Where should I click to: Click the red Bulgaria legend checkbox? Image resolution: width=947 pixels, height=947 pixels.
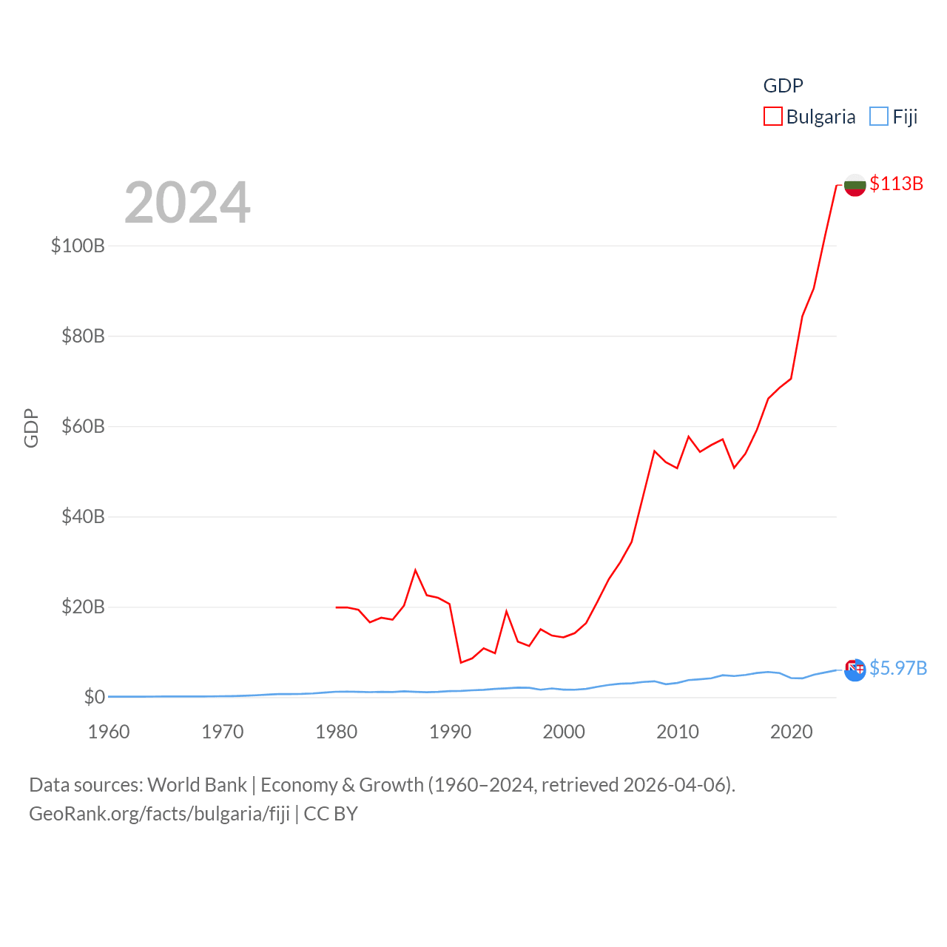coord(773,117)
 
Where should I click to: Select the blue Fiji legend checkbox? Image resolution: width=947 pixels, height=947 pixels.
coord(879,117)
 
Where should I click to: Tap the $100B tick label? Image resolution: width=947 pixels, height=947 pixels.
coord(78,246)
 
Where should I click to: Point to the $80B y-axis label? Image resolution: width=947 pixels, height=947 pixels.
coord(83,336)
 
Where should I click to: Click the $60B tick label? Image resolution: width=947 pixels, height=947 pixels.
coord(83,426)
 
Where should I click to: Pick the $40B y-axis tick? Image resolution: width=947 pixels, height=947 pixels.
coord(83,516)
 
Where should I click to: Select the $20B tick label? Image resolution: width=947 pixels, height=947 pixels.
coord(83,607)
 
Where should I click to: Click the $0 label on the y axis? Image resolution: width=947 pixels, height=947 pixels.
coord(94,697)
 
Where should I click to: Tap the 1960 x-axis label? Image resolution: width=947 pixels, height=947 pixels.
coord(109,732)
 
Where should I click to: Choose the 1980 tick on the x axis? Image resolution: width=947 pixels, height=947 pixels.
coord(336,732)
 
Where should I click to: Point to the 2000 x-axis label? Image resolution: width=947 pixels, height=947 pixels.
coord(564,732)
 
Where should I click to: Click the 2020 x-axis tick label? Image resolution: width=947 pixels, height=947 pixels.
coord(791,732)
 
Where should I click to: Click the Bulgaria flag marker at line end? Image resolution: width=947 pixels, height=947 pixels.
coord(855,185)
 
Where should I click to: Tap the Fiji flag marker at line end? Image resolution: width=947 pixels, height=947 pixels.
coord(855,670)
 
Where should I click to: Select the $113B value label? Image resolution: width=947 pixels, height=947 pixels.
coord(896,183)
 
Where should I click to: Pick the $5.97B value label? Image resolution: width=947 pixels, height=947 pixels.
coord(898,668)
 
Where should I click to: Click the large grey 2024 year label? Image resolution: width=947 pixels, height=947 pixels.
coord(187,203)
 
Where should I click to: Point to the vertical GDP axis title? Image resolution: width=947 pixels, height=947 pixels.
coord(31,428)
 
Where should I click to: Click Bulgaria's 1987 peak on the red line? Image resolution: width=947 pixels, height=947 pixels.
coord(416,570)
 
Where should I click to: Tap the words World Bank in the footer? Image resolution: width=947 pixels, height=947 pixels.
coord(197,784)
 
